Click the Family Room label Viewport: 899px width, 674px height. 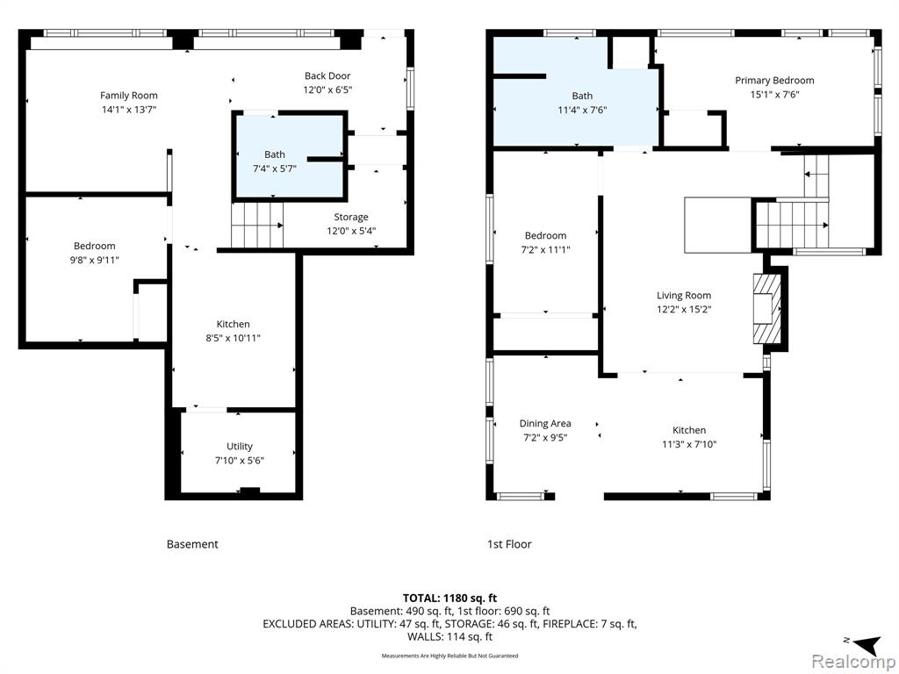(x=129, y=96)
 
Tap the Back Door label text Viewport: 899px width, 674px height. (x=327, y=75)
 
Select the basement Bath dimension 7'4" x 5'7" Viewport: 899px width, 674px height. (x=275, y=168)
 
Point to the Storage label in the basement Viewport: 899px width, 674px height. (x=351, y=218)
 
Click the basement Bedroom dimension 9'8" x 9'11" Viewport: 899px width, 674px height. (x=95, y=260)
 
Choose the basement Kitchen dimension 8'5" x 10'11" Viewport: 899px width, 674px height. (x=234, y=338)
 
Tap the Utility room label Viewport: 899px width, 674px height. (x=240, y=447)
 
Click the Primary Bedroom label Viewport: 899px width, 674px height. (x=774, y=80)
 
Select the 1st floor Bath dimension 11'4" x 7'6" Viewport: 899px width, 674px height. (x=583, y=110)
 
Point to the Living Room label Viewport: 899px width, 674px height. (x=684, y=295)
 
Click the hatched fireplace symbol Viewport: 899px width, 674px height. (x=766, y=308)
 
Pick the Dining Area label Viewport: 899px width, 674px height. (x=545, y=424)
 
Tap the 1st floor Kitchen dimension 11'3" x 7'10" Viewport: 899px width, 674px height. (x=689, y=444)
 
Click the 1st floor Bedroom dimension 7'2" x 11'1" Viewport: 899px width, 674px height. (x=545, y=250)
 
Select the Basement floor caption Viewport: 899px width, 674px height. (x=192, y=544)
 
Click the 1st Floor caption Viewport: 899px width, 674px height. (x=509, y=544)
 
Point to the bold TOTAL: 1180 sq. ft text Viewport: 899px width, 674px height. (x=450, y=599)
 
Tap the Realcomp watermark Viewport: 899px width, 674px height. (x=853, y=661)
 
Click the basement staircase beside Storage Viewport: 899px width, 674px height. (x=257, y=226)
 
